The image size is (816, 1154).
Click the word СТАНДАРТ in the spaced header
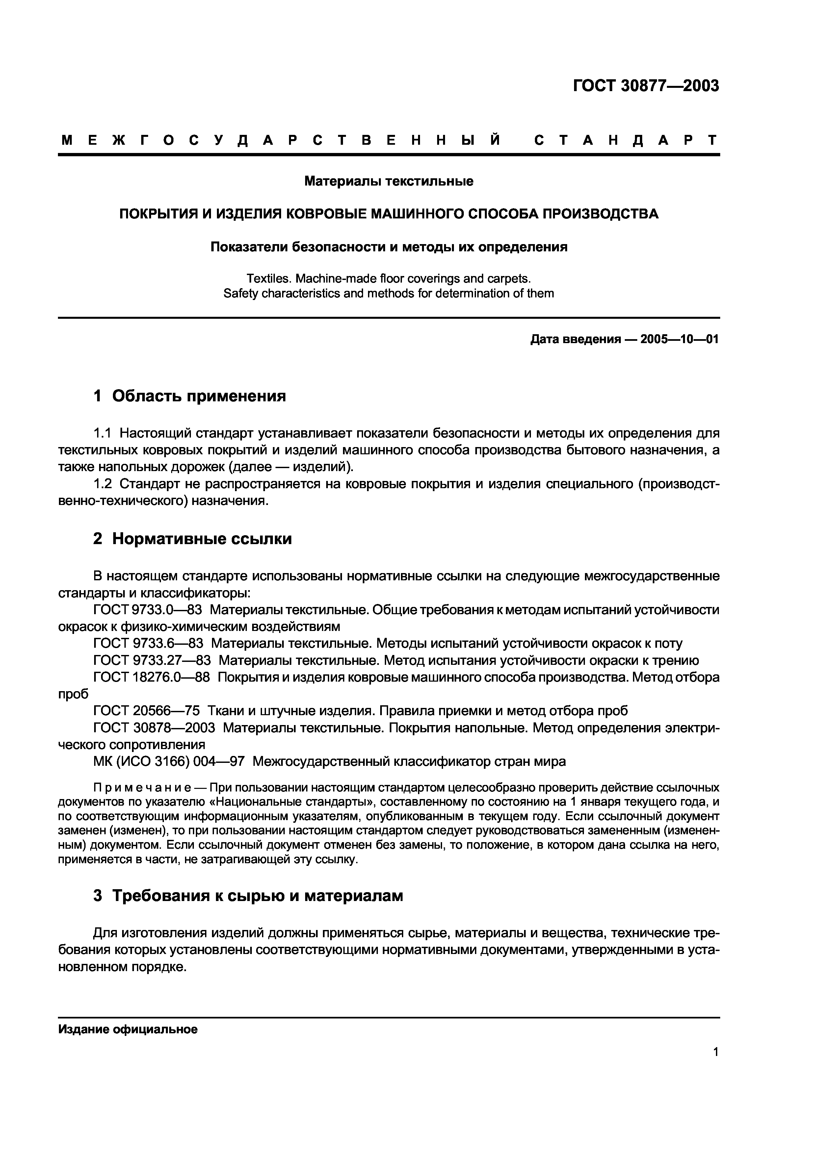(626, 140)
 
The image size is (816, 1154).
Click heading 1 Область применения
(190, 396)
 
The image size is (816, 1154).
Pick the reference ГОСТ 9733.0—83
(147, 610)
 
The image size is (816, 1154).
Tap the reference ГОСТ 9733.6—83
(148, 644)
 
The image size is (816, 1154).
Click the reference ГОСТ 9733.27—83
(152, 661)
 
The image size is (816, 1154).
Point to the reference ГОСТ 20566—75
(146, 711)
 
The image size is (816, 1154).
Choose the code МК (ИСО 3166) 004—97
(169, 762)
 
